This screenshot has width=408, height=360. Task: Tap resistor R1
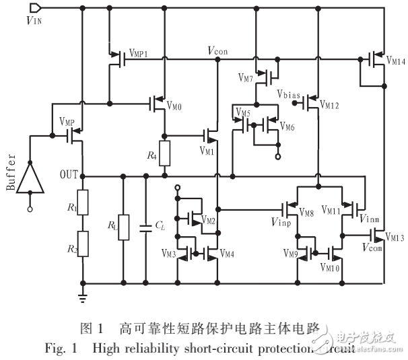click(82, 203)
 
